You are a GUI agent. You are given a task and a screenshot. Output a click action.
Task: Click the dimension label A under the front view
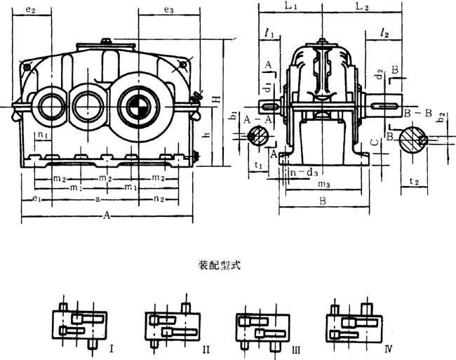coord(107,217)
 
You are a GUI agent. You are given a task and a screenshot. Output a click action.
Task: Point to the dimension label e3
coord(168,10)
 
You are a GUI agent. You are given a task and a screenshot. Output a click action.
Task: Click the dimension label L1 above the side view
coord(289,6)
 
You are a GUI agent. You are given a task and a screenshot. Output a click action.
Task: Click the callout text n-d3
coord(302,171)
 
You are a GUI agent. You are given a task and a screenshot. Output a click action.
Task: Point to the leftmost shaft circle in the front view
coord(52,106)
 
